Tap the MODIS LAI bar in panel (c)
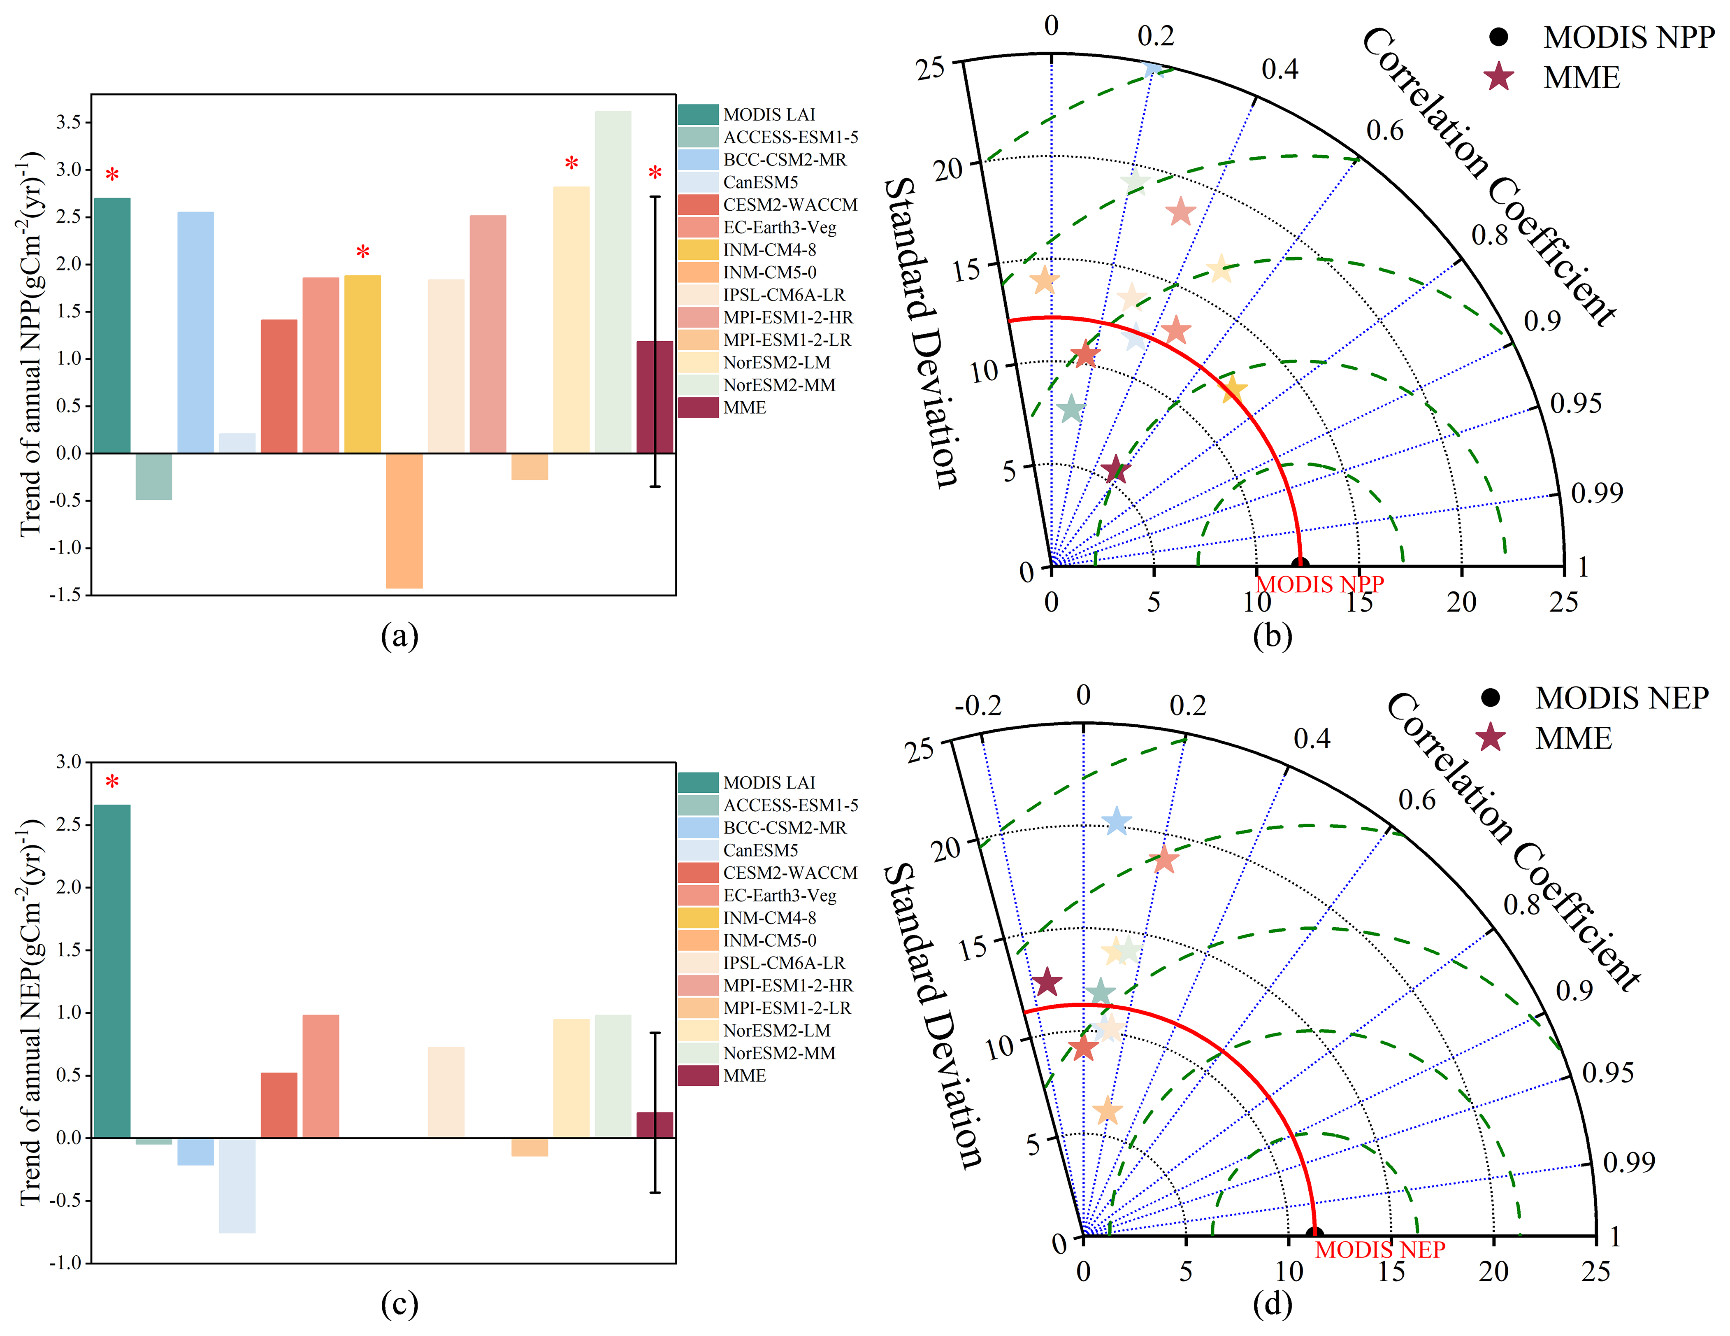(111, 971)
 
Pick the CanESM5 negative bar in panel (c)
(237, 1185)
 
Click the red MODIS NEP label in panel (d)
(1380, 1250)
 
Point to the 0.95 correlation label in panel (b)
(1575, 403)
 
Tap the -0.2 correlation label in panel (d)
(978, 705)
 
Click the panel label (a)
(399, 635)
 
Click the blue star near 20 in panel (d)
(1116, 821)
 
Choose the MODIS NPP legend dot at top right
(1498, 37)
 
